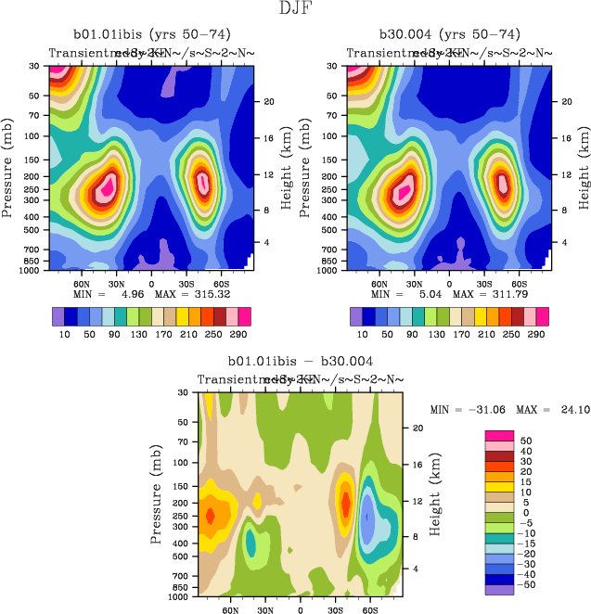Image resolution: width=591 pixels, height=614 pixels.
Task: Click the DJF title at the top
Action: click(x=295, y=8)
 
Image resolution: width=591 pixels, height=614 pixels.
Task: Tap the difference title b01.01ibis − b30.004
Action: click(x=300, y=361)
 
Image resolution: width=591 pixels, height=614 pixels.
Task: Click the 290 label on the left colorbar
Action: click(x=239, y=334)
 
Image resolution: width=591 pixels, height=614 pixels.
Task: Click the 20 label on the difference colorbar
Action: click(x=527, y=477)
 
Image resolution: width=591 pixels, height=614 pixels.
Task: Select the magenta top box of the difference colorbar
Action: click(x=499, y=434)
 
